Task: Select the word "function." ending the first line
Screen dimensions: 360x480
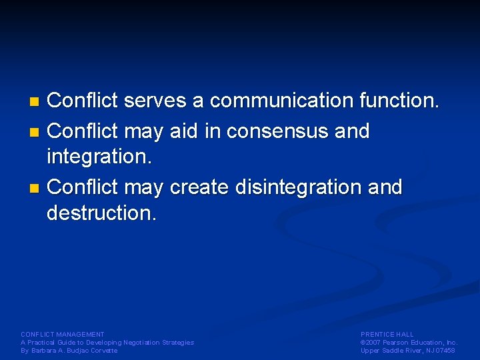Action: pos(399,101)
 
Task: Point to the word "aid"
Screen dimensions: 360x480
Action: pos(183,131)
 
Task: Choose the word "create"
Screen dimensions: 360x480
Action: pos(199,187)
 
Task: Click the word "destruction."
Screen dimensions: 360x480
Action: pos(101,213)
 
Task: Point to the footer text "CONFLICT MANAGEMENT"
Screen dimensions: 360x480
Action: pos(63,334)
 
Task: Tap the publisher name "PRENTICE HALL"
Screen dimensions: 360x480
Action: pos(387,334)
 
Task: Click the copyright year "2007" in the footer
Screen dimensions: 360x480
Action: pos(374,342)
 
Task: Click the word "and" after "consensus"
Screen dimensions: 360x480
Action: pos(352,131)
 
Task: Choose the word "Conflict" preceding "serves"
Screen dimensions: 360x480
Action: pos(83,101)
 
